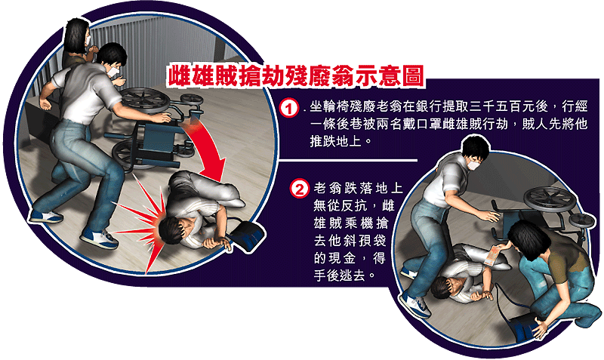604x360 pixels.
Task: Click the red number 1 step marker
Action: (289, 109)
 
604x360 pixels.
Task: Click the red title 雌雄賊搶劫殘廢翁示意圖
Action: (296, 75)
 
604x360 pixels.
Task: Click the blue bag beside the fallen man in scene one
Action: (247, 235)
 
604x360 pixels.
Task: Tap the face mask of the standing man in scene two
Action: (473, 165)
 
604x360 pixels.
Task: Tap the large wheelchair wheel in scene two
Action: (550, 199)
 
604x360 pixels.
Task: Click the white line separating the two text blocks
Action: (348, 159)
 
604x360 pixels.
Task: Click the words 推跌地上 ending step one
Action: (336, 141)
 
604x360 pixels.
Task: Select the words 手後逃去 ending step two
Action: (339, 275)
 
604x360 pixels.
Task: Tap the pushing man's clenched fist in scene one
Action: (45, 104)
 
